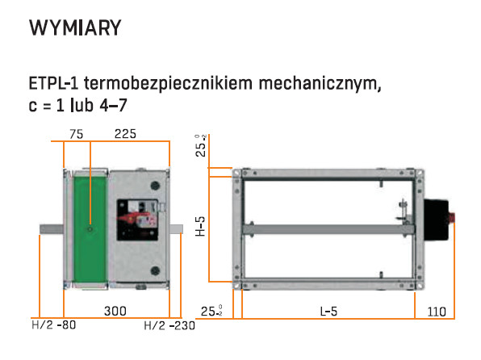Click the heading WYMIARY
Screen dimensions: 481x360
coord(75,28)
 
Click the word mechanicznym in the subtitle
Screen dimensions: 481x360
coord(320,83)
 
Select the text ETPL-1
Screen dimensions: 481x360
coord(54,83)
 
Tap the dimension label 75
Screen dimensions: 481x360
coord(76,134)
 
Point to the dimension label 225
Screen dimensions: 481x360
coord(125,134)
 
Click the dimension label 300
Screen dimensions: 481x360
coord(115,311)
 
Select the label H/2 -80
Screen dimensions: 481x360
coord(54,325)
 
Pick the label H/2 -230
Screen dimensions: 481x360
coord(169,325)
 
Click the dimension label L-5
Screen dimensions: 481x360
coord(328,312)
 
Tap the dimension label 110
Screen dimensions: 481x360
coord(437,312)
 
